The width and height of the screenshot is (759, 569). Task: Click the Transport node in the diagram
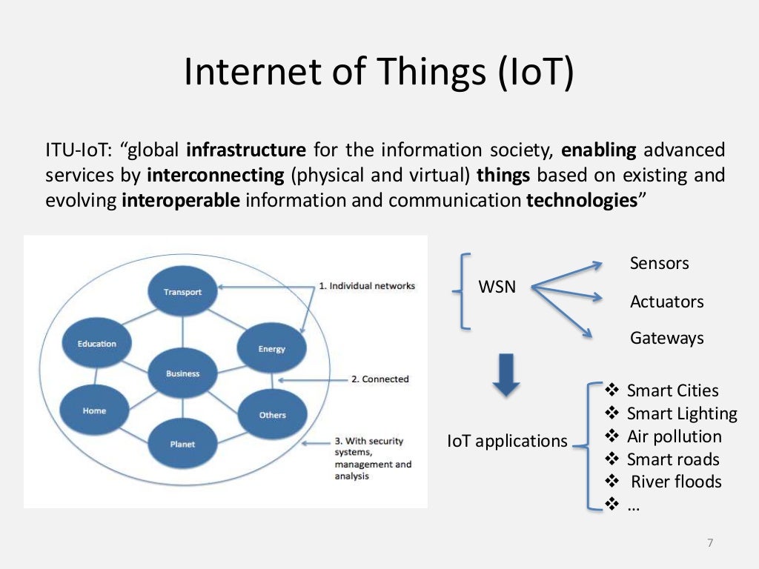[182, 291]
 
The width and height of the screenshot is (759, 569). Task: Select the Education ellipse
[97, 344]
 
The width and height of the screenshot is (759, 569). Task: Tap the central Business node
[182, 373]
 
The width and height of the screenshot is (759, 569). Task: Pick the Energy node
[271, 348]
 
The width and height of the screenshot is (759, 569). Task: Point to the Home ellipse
[95, 410]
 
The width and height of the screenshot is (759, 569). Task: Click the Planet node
[182, 444]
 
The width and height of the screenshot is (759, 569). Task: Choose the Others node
[272, 414]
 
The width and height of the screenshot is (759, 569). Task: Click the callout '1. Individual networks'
[367, 286]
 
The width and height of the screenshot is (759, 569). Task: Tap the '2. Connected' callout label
[379, 379]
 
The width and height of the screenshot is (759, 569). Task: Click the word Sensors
[659, 263]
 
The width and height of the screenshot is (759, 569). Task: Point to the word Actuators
[666, 302]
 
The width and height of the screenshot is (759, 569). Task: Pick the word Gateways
[666, 339]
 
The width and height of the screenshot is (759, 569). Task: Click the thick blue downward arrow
[506, 373]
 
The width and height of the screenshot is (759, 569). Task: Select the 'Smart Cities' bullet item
[672, 390]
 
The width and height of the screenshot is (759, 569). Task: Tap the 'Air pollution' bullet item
[673, 436]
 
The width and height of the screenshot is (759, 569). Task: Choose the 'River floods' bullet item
[675, 482]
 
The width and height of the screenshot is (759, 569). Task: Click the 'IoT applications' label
[507, 441]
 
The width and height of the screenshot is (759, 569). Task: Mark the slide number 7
[709, 544]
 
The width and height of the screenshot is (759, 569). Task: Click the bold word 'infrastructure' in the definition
[246, 150]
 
